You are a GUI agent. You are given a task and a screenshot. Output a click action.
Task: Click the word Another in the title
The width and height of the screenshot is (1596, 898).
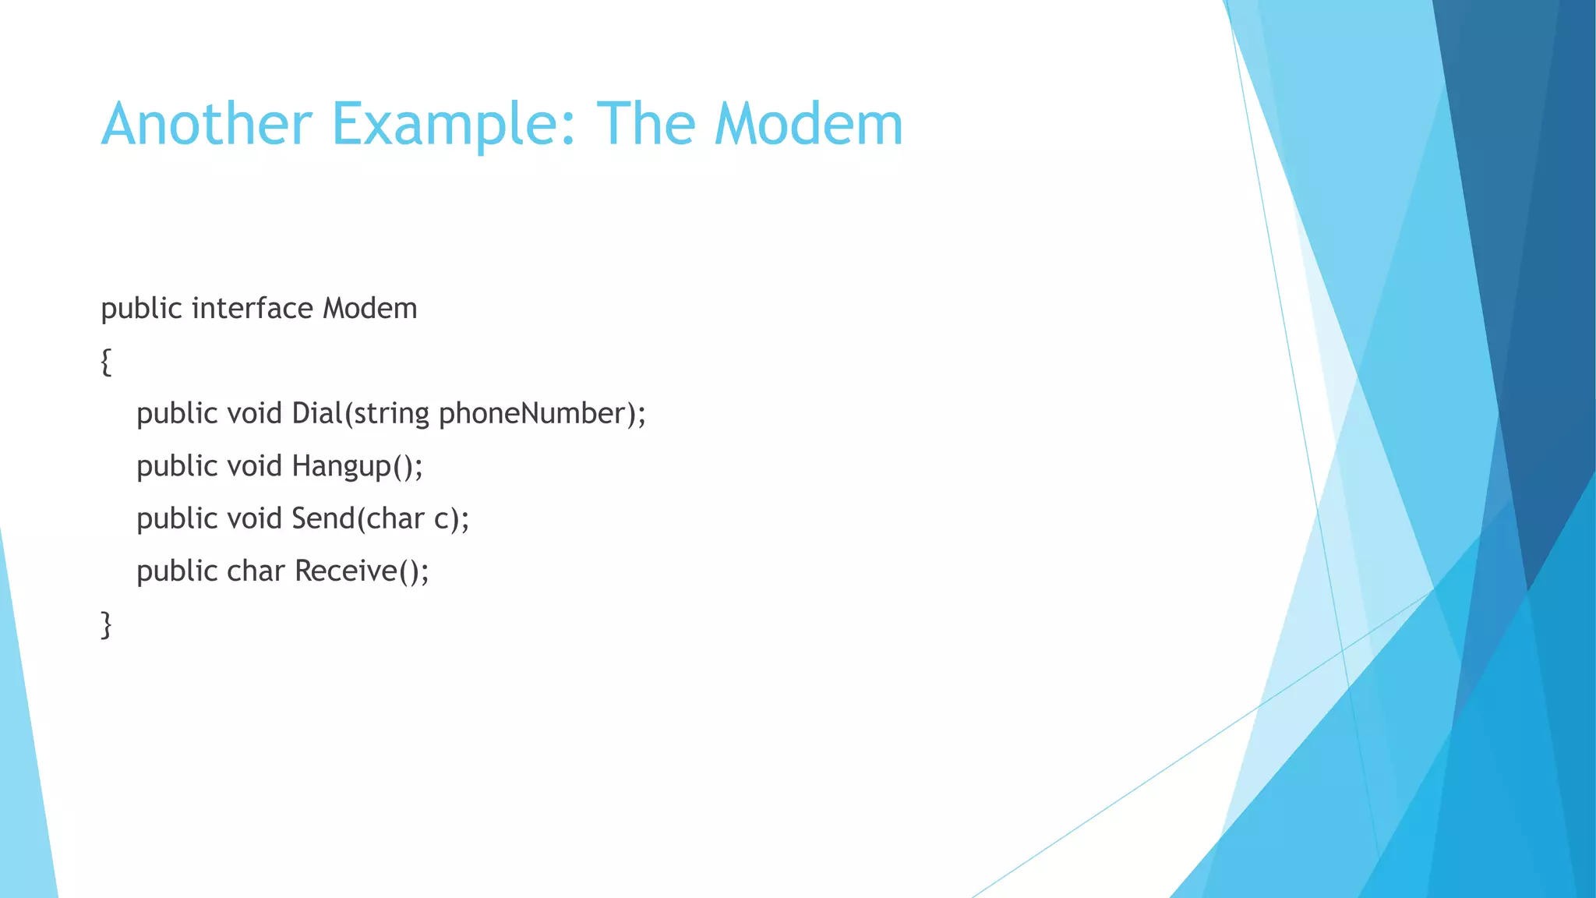pyautogui.click(x=207, y=124)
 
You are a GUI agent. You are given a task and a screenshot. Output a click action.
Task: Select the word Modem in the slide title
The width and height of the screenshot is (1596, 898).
pyautogui.click(x=808, y=124)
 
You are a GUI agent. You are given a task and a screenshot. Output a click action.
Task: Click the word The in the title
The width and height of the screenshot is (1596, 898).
pyautogui.click(x=645, y=124)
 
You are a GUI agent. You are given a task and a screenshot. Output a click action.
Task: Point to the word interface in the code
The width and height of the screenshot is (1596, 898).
pyautogui.click(x=252, y=309)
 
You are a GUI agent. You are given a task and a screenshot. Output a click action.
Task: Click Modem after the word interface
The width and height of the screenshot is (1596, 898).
pyautogui.click(x=370, y=309)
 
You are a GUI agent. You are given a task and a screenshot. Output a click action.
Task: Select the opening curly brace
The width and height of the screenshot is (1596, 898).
pyautogui.click(x=106, y=362)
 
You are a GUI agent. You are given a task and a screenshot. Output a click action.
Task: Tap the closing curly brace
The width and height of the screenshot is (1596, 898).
pyautogui.click(x=106, y=625)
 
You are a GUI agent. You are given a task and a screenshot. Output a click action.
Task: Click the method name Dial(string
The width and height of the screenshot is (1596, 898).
pyautogui.click(x=360, y=414)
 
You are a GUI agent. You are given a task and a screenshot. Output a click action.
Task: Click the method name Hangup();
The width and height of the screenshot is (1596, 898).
pyautogui.click(x=357, y=467)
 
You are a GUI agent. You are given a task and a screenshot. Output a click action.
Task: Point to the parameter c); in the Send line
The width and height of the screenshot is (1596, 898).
pyautogui.click(x=452, y=519)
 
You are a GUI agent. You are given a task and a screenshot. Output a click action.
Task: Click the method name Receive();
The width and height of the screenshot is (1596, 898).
pyautogui.click(x=362, y=571)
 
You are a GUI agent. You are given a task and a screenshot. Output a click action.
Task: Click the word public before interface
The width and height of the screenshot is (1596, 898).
pyautogui.click(x=141, y=309)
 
